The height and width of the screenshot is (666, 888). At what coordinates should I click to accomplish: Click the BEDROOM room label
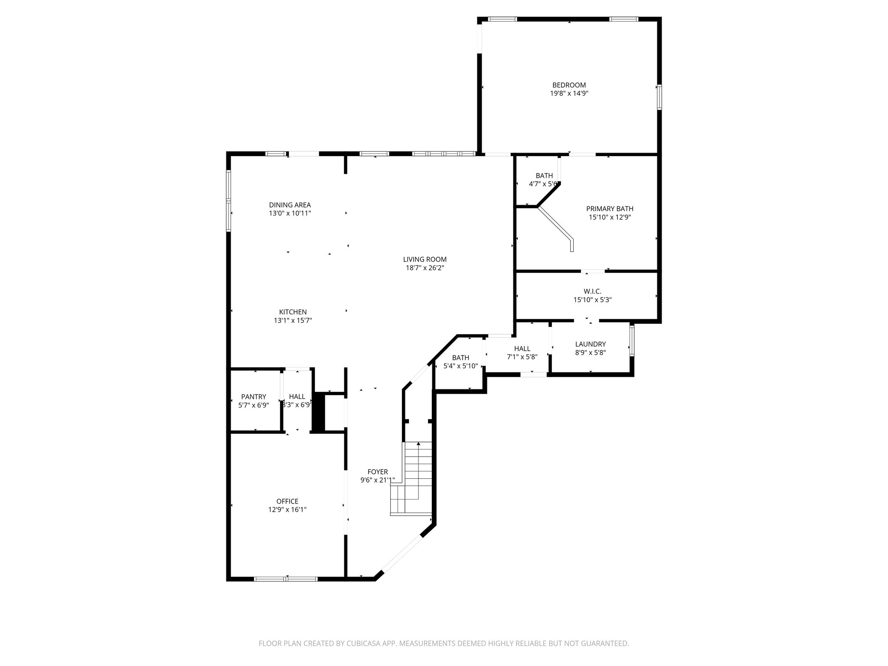click(x=569, y=85)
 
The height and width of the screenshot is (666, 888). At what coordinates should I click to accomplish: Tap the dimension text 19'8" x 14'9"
click(x=569, y=93)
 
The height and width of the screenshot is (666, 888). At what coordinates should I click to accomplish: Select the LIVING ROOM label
click(x=424, y=260)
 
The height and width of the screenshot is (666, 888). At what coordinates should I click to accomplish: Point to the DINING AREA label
click(x=290, y=205)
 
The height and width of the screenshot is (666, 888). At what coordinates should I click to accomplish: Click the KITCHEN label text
click(x=293, y=312)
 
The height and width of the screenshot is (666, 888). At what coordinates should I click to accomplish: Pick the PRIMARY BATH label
click(x=610, y=209)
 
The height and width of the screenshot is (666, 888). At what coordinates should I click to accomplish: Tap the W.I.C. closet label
click(x=592, y=291)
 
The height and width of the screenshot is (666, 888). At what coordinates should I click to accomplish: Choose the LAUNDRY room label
click(x=590, y=344)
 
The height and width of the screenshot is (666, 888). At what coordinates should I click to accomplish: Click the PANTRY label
click(x=254, y=397)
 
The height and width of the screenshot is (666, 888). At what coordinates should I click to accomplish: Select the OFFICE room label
click(x=287, y=502)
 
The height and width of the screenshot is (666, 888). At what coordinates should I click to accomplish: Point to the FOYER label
click(x=378, y=472)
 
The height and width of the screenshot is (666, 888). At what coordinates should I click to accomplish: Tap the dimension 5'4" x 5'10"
click(x=460, y=366)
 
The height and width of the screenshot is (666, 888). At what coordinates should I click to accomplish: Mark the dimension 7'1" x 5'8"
click(x=522, y=357)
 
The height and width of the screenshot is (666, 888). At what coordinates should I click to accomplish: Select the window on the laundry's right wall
click(x=632, y=340)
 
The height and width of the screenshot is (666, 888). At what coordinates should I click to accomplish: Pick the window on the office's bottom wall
click(x=286, y=579)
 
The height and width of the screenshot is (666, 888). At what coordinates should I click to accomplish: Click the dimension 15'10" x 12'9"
click(x=610, y=217)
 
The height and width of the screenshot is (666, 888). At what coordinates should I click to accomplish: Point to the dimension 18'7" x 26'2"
click(x=424, y=268)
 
